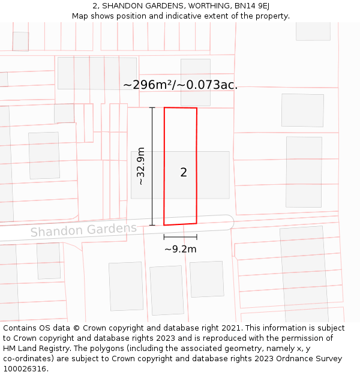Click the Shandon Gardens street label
83,230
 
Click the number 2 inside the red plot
184,173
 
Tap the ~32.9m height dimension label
141,166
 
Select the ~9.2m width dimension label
181,249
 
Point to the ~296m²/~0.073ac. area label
180,85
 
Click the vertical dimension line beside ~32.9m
152,166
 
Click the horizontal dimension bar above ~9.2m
180,238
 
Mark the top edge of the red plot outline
181,108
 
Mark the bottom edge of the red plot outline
180,224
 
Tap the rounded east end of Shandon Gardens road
229,222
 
